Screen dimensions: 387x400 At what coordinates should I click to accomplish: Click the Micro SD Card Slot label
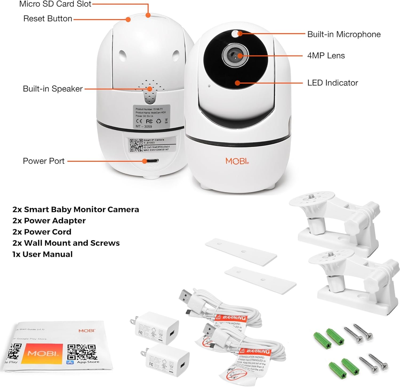click(x=55, y=4)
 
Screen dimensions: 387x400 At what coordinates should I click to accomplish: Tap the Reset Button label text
click(x=48, y=19)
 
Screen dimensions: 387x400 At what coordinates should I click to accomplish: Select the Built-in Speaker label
click(x=53, y=89)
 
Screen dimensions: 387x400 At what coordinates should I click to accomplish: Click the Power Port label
click(x=44, y=161)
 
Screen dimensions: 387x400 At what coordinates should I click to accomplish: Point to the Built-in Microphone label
click(x=344, y=34)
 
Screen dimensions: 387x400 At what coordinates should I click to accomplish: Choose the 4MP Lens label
click(x=326, y=56)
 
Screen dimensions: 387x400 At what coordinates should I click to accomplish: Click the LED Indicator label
click(x=333, y=83)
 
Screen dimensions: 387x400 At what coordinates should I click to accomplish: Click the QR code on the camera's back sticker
click(x=136, y=145)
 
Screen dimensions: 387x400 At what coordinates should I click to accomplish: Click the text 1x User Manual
click(x=42, y=254)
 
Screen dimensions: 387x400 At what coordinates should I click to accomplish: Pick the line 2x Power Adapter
click(x=49, y=221)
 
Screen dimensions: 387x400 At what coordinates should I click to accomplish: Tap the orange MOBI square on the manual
click(x=42, y=354)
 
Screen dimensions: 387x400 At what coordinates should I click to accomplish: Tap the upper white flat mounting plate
click(x=241, y=252)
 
